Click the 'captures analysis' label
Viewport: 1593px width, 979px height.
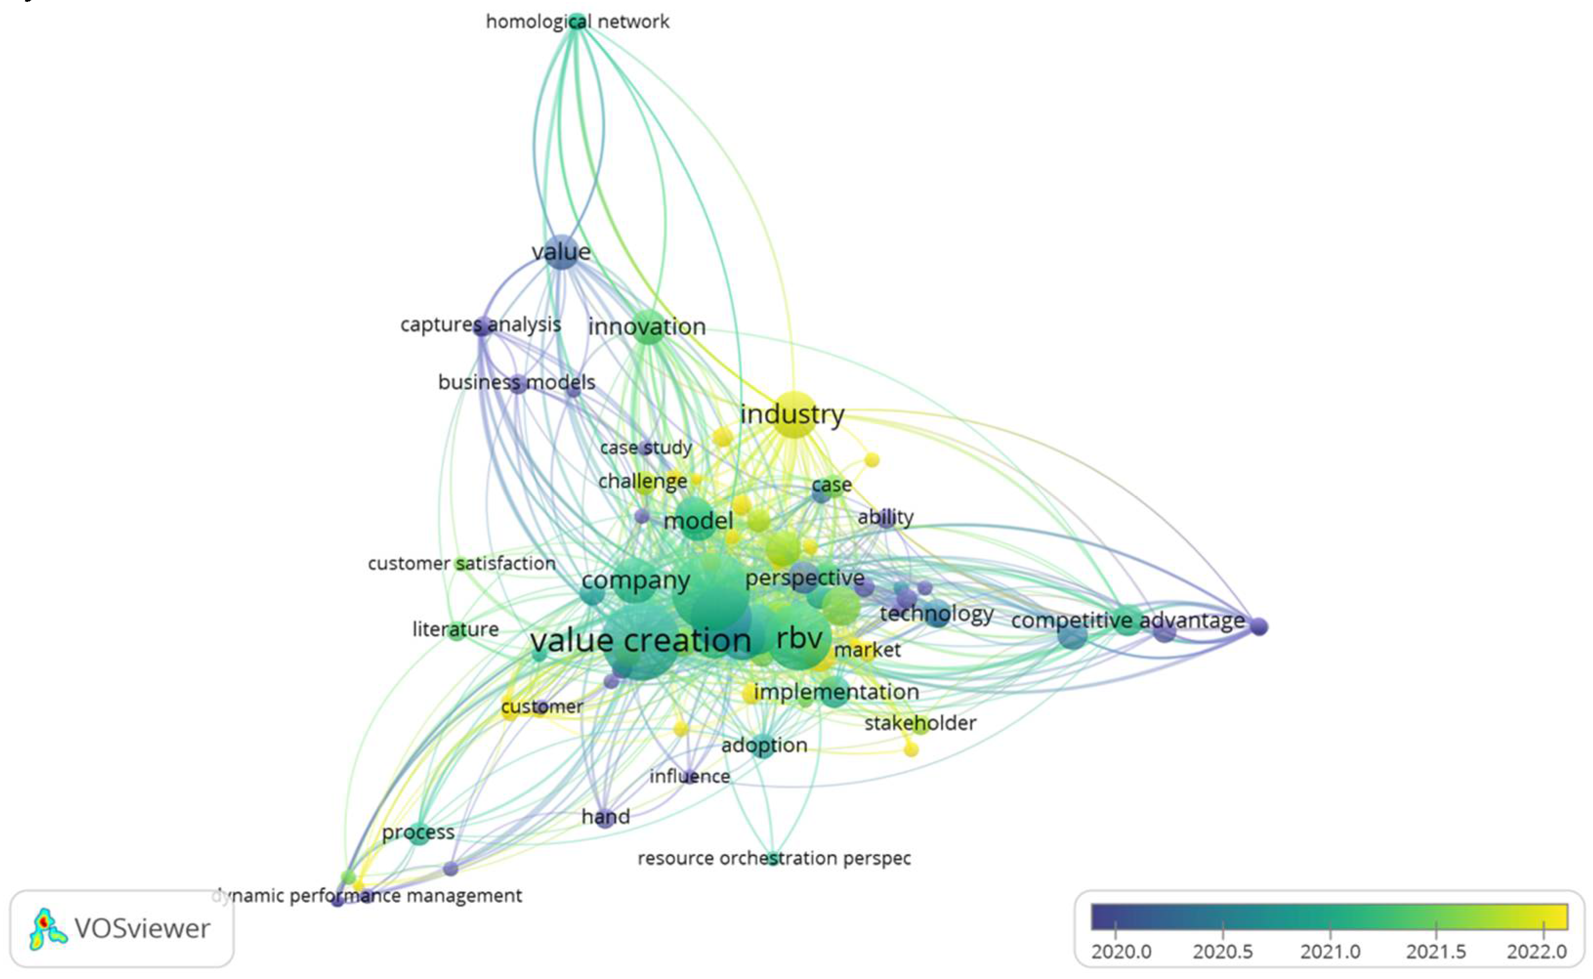point(480,324)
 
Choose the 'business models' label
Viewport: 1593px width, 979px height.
point(516,382)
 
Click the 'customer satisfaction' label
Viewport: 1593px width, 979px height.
point(461,563)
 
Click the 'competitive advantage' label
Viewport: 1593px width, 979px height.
point(1128,620)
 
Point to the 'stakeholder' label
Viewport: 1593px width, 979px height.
point(920,723)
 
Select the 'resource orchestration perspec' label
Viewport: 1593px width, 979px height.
point(774,858)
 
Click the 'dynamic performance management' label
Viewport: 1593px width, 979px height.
point(367,896)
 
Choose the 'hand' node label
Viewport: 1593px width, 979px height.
point(606,816)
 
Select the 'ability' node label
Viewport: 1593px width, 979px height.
point(885,518)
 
